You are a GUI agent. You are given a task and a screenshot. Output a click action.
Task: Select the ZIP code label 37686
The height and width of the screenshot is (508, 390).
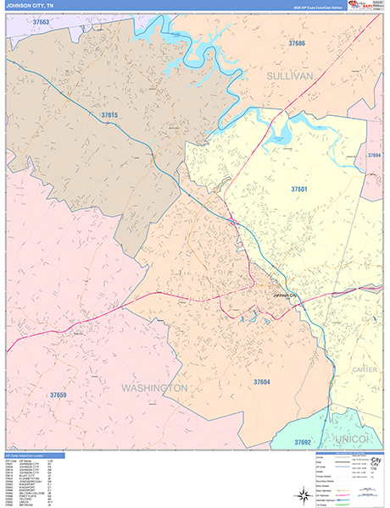pyautogui.click(x=297, y=42)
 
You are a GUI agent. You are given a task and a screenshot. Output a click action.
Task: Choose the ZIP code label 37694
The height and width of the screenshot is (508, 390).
pyautogui.click(x=373, y=156)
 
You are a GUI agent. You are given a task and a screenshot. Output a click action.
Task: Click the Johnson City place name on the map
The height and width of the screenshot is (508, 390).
pyautogui.click(x=286, y=295)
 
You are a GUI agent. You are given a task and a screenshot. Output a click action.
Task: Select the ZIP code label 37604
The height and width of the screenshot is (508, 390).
pyautogui.click(x=262, y=383)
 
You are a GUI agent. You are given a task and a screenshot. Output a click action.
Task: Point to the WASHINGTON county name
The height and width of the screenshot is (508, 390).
pyautogui.click(x=153, y=388)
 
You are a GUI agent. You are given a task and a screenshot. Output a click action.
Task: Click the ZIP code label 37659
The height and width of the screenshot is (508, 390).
pyautogui.click(x=58, y=395)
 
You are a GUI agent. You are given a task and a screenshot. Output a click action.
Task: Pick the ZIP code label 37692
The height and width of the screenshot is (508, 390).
pyautogui.click(x=303, y=442)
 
